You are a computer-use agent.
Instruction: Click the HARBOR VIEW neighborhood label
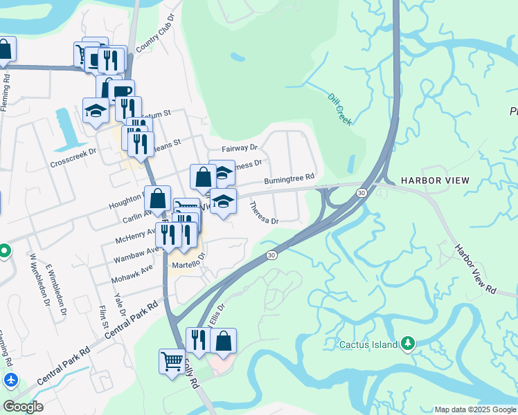[436, 181]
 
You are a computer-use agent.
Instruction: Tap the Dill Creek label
[339, 110]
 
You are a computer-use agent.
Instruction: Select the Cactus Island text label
[368, 344]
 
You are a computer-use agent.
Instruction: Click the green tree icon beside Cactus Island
[409, 344]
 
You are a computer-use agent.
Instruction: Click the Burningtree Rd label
[289, 178]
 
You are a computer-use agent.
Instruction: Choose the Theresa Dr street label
[263, 214]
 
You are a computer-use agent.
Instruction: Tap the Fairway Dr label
[240, 148]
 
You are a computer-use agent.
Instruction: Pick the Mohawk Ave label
[132, 275]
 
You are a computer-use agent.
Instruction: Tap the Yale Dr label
[120, 303]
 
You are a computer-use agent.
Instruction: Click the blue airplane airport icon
[10, 380]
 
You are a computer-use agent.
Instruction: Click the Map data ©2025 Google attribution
[475, 409]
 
